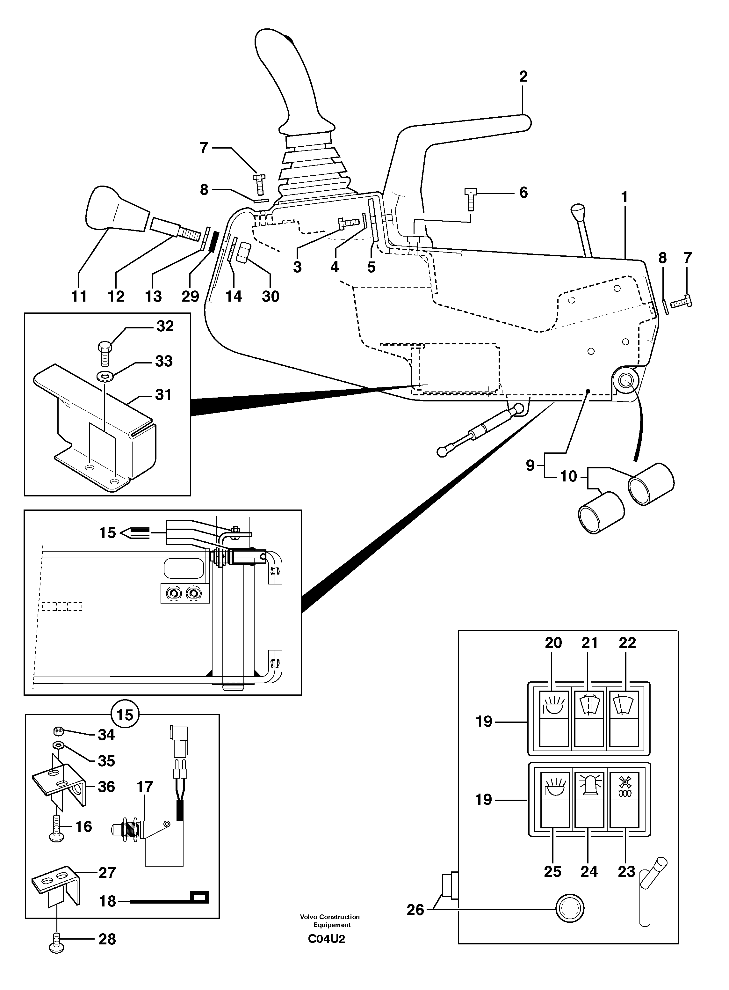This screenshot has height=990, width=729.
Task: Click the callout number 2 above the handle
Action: pos(523,77)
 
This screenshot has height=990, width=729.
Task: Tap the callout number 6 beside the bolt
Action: pos(523,193)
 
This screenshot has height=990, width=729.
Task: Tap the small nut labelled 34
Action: pos(57,731)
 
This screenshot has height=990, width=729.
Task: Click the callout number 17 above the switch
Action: pos(145,787)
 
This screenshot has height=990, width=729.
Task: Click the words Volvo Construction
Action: pos(330,917)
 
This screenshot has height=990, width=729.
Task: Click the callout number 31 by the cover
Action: pos(163,394)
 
